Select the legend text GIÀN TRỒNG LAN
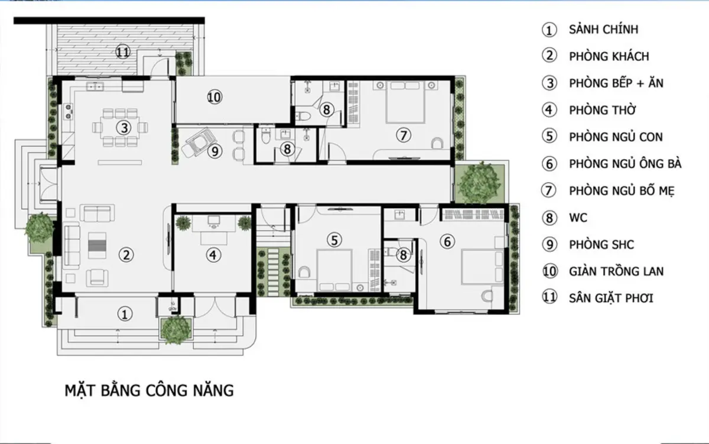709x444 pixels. coord(616,271)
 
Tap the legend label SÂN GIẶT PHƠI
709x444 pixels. coord(611,298)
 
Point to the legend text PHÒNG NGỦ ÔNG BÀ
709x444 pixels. coord(625,164)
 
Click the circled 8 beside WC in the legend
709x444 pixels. coord(549,218)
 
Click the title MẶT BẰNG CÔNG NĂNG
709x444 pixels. coord(149,391)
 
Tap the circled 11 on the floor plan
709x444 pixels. coord(122,52)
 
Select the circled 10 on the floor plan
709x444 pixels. coord(214,96)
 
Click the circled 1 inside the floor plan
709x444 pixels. coord(124,314)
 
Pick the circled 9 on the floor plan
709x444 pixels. coord(214,151)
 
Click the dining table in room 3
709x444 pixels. coord(122,127)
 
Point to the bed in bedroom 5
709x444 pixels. coord(334,270)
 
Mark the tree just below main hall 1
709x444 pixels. coord(175,330)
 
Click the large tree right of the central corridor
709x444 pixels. coord(479,182)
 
